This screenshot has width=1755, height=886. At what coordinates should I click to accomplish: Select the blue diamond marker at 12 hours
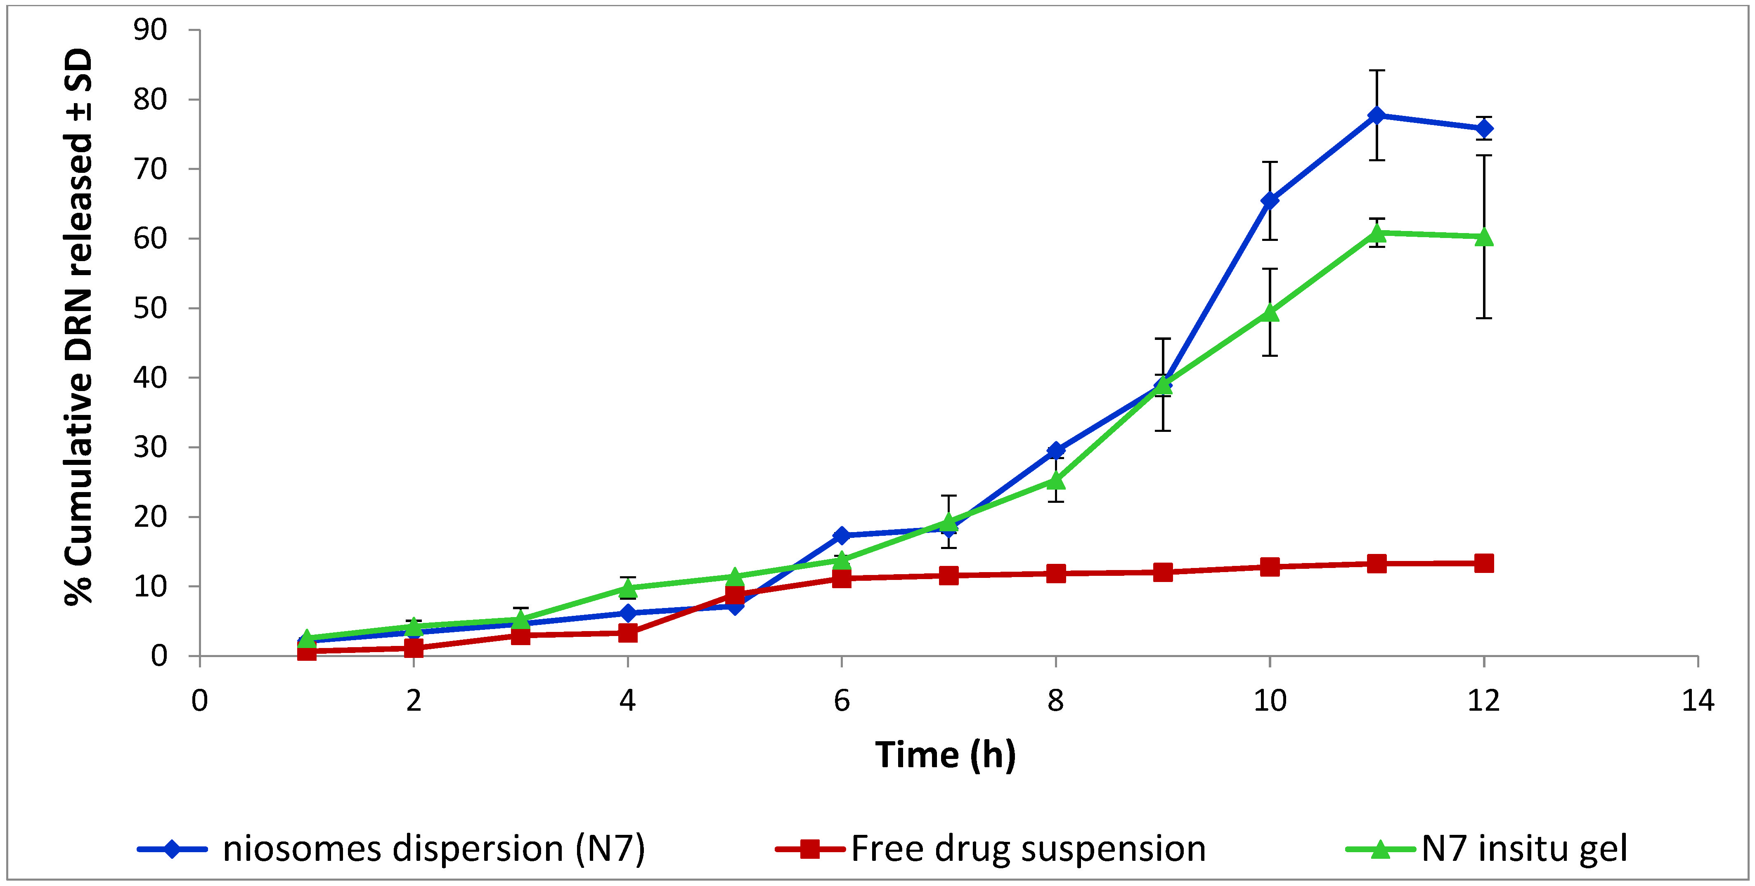[x=1484, y=129]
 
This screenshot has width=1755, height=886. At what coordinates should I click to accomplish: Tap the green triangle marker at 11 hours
[x=1377, y=233]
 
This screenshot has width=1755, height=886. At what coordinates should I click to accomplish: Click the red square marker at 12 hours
[x=1484, y=563]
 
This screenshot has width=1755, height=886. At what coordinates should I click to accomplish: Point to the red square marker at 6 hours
[x=842, y=578]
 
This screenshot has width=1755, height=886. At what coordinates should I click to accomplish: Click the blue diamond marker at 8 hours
[x=1056, y=450]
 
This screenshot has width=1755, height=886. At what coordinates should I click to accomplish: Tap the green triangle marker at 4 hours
[x=627, y=588]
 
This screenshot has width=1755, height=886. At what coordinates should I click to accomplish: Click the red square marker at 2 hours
[x=414, y=648]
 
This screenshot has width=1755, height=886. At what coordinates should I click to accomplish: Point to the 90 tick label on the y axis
[x=150, y=30]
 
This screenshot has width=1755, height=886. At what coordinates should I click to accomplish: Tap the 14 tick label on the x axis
[x=1698, y=700]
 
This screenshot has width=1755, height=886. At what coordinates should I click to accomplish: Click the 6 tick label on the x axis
[x=842, y=700]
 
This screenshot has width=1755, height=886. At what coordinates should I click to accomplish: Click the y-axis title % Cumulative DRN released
[x=79, y=327]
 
